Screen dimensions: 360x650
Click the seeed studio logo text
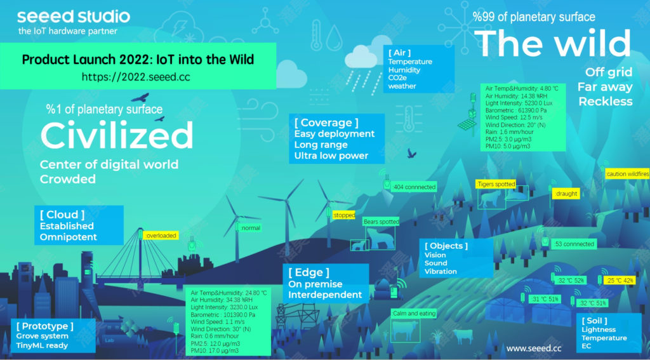[x=74, y=16]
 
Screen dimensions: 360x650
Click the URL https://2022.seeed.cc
[x=136, y=77]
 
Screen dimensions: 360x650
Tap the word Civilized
[x=116, y=135]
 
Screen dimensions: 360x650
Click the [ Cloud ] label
[x=62, y=215]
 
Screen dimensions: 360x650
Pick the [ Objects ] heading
[x=446, y=246]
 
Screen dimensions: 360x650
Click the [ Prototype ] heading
[x=45, y=326]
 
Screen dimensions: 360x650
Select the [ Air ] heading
[x=400, y=53]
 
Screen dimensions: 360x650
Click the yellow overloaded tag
[x=161, y=236]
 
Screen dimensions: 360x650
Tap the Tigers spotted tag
[x=495, y=184]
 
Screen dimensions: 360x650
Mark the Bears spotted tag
[x=381, y=222]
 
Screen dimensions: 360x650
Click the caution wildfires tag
[x=627, y=173]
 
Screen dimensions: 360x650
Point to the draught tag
[x=565, y=193]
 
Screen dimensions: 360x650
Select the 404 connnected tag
[x=414, y=187]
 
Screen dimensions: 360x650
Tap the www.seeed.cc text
[x=534, y=348]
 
